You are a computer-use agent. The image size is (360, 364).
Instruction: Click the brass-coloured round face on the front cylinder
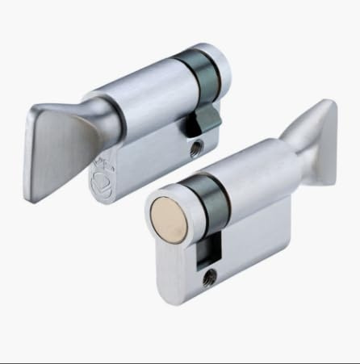point(170,211)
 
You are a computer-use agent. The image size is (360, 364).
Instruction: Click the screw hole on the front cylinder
point(212,277)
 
